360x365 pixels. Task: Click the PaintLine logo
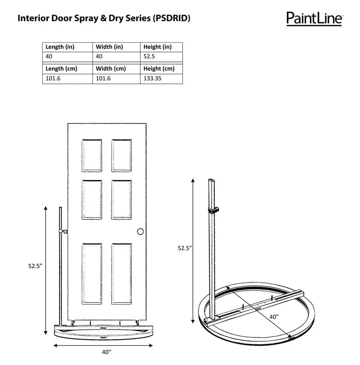pyautogui.click(x=314, y=18)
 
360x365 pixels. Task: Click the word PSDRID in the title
pyautogui.click(x=172, y=18)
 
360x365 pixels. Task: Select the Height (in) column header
pyautogui.click(x=157, y=47)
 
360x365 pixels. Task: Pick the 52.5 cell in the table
pyautogui.click(x=149, y=56)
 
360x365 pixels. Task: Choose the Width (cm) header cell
pyautogui.click(x=111, y=68)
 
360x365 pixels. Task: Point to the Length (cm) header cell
pyautogui.click(x=61, y=68)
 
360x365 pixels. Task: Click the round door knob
pyautogui.click(x=140, y=231)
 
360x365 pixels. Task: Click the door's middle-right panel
pyautogui.click(x=122, y=199)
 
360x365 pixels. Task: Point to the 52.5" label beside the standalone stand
pyautogui.click(x=185, y=248)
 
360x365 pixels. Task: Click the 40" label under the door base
pyautogui.click(x=106, y=352)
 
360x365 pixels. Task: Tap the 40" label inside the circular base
pyautogui.click(x=274, y=317)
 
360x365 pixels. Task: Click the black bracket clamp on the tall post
pyautogui.click(x=215, y=210)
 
